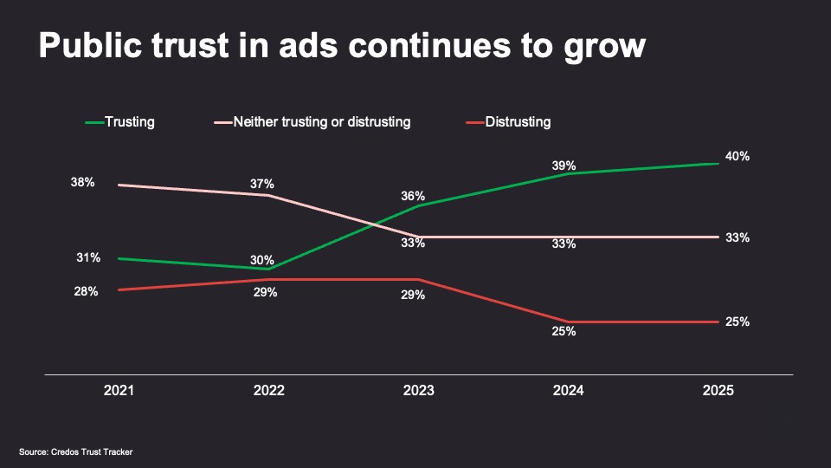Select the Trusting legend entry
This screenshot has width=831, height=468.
coord(129,122)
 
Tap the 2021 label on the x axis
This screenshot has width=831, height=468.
coord(119,391)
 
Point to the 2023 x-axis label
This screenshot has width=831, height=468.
coord(419,391)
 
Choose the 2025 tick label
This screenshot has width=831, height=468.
coord(718,391)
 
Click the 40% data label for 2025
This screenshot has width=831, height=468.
coord(738,157)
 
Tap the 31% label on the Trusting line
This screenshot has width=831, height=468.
coord(87,257)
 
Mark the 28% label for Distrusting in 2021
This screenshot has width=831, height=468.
coord(86,292)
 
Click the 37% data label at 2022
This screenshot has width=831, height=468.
coord(262,184)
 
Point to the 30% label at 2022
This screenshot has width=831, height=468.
coord(262,260)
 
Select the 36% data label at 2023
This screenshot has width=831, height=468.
coord(413,196)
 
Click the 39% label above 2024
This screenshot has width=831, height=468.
coord(564,166)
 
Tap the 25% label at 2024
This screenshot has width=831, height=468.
coord(564,331)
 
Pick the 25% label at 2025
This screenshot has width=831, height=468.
coord(738,322)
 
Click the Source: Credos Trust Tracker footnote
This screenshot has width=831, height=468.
coord(76,452)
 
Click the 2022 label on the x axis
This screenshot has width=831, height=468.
coord(268,391)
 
